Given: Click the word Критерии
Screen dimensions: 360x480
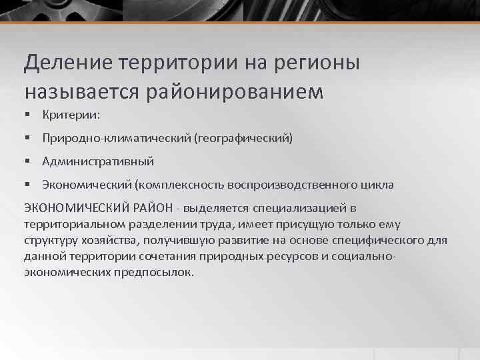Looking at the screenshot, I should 71,115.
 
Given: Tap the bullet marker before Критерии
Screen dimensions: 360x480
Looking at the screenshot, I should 27,115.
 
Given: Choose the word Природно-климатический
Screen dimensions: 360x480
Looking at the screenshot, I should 116,138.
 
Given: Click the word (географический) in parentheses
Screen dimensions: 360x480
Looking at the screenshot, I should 243,138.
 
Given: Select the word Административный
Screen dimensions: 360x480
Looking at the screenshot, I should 98,161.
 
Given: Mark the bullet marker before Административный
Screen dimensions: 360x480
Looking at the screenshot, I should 27,161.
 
